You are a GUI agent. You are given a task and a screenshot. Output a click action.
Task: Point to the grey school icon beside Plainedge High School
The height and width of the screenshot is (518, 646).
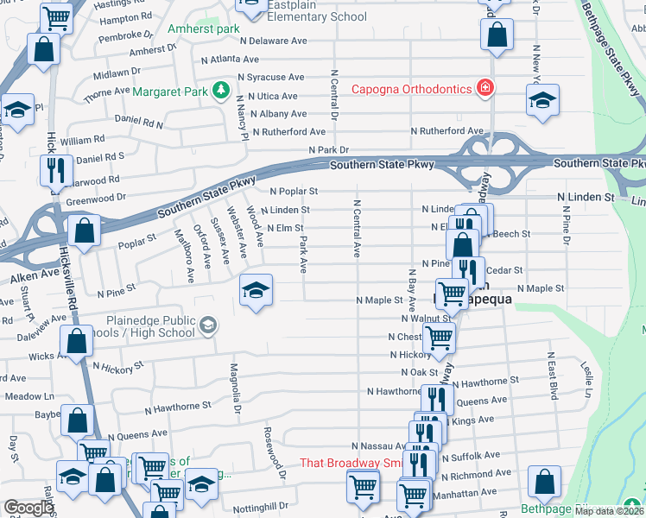tap(207, 325)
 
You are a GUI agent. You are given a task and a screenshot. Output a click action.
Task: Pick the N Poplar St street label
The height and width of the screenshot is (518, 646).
tap(294, 191)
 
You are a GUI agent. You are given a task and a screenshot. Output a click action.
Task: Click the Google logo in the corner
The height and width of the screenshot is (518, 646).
tap(28, 508)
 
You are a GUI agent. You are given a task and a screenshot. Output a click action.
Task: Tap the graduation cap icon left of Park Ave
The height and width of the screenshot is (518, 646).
tap(256, 290)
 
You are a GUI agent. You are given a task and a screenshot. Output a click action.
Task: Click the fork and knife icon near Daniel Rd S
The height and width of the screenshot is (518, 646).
tap(53, 169)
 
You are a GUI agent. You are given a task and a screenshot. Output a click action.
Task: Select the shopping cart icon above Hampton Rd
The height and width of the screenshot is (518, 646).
tap(56, 17)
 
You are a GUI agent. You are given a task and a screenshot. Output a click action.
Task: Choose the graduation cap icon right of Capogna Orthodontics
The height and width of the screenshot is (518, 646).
tap(541, 99)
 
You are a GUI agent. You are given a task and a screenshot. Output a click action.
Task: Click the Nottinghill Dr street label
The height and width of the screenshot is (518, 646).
tap(259, 506)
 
